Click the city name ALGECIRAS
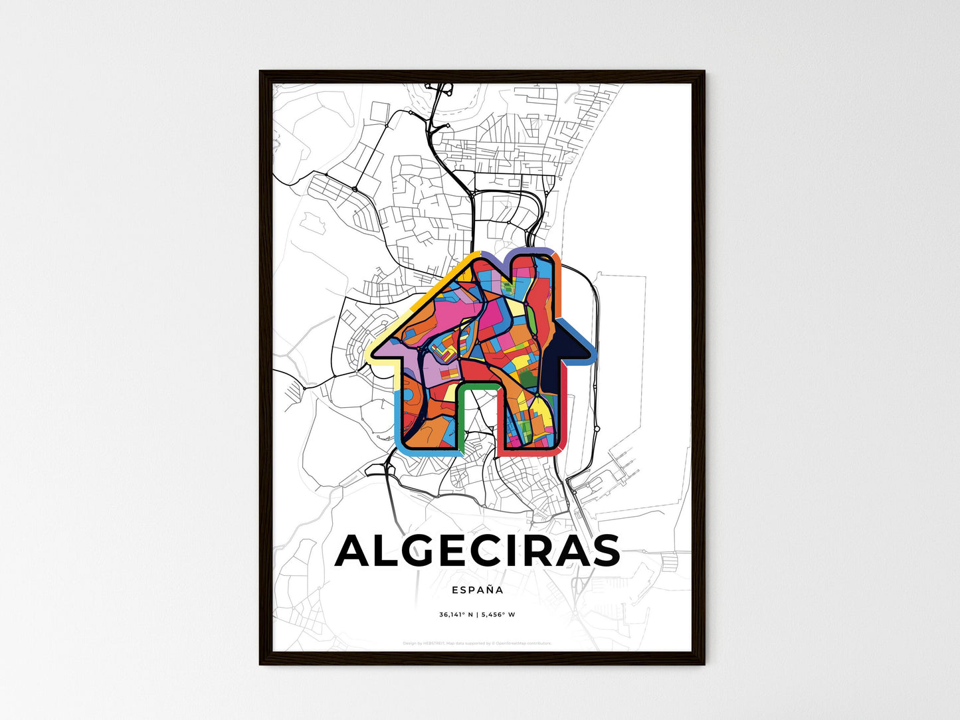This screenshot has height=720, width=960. tap(477, 551)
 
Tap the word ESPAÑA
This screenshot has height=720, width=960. tap(477, 590)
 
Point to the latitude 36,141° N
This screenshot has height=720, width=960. tap(456, 615)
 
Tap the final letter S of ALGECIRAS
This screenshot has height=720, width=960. tap(604, 551)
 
